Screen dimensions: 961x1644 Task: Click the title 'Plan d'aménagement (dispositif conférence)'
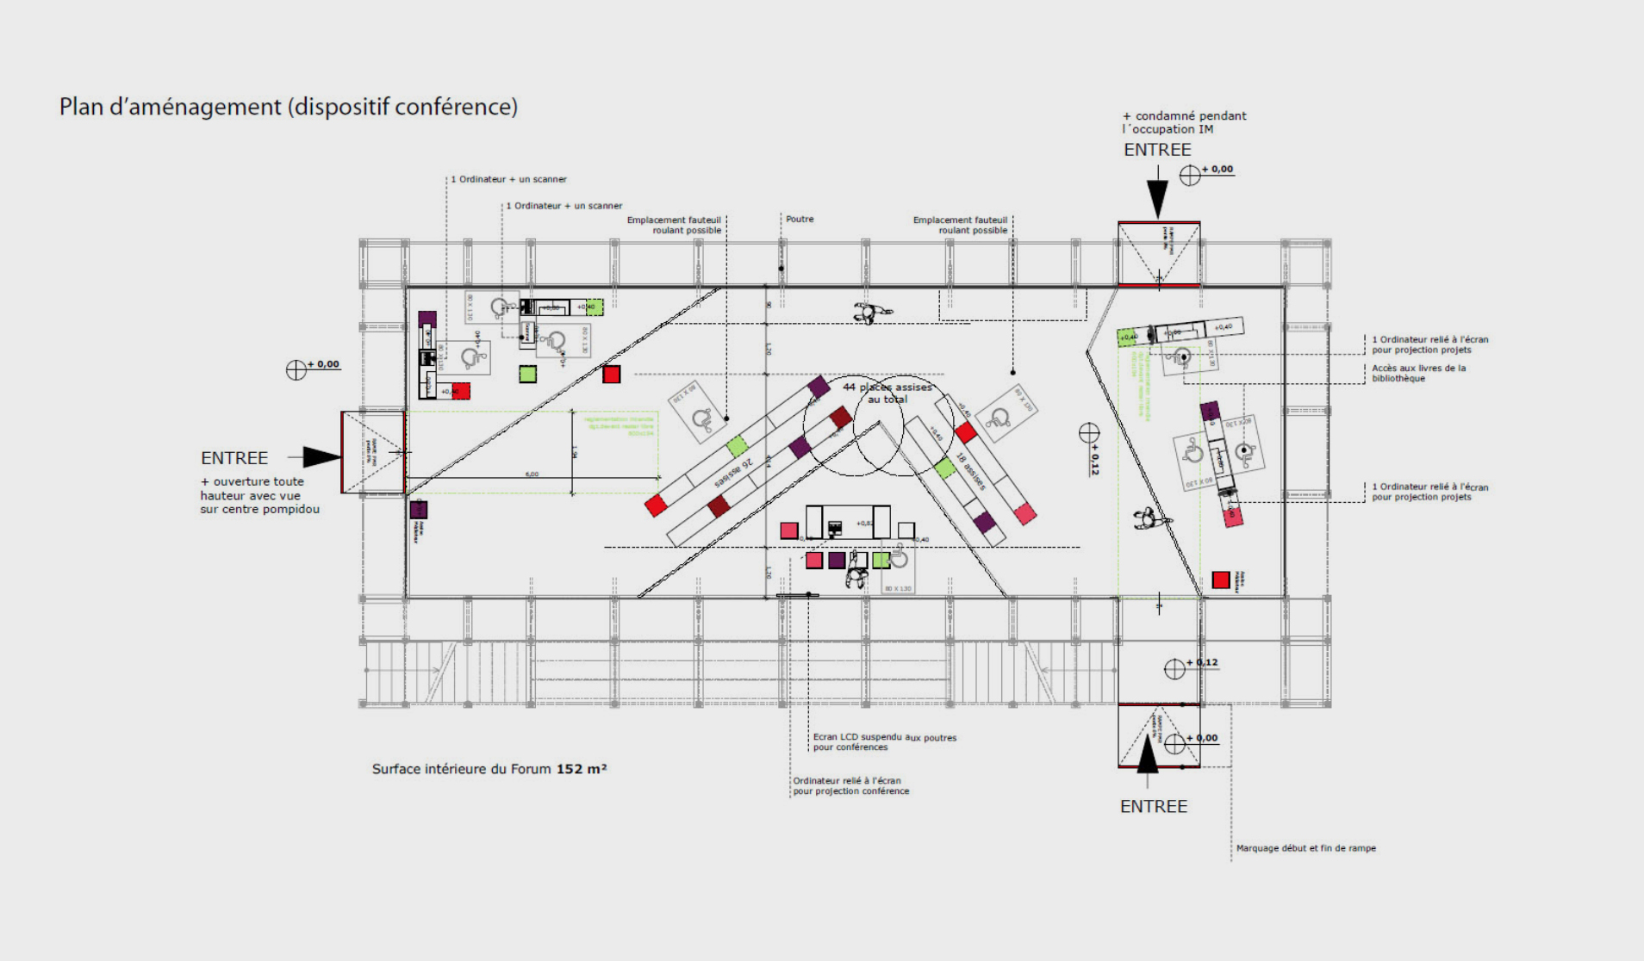(288, 107)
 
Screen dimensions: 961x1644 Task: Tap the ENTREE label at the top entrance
(1157, 150)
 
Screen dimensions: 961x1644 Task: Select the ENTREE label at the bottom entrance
(1153, 807)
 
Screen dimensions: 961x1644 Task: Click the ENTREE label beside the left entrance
(234, 458)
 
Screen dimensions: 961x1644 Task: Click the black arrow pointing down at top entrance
(1158, 197)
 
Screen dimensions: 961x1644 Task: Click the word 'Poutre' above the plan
(800, 220)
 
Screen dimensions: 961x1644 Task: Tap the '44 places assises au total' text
(887, 393)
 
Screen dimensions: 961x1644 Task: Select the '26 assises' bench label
(734, 473)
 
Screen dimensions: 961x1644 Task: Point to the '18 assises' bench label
(970, 471)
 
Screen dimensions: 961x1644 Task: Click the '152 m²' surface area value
(582, 769)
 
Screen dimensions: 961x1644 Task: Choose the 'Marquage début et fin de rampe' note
(1305, 848)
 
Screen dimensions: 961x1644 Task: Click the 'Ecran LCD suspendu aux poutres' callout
(884, 742)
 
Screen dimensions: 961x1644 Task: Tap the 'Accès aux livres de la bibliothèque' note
(1418, 373)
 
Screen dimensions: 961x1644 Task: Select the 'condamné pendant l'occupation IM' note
(1184, 122)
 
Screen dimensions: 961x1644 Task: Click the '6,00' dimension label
(532, 474)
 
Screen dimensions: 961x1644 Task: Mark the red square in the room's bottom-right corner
(1220, 580)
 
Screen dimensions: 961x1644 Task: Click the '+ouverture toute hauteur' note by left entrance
(259, 495)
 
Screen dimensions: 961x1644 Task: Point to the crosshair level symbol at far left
(296, 369)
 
